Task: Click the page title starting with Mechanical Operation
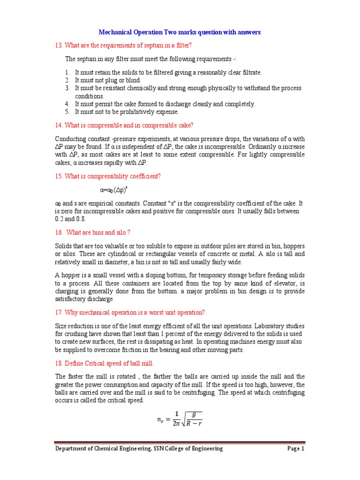pyautogui.click(x=180, y=32)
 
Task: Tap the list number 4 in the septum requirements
pyautogui.click(x=67, y=104)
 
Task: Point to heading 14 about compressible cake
pyautogui.click(x=124, y=125)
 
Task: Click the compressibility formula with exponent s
pyautogui.click(x=114, y=190)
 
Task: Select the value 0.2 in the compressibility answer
pyautogui.click(x=59, y=219)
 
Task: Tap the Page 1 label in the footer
pyautogui.click(x=296, y=449)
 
